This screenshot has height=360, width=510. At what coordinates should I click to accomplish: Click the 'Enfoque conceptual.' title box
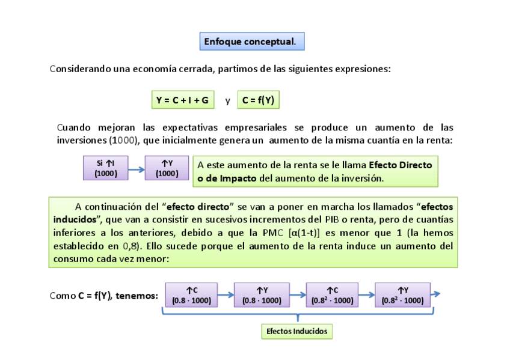[x=251, y=41]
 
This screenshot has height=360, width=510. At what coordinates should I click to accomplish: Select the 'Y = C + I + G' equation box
[x=182, y=100]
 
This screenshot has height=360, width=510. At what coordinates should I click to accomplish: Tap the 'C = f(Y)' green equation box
[x=259, y=100]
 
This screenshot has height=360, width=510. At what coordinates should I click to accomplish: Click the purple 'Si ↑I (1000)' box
[x=106, y=168]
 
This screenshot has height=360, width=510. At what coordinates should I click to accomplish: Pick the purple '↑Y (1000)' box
[x=167, y=168]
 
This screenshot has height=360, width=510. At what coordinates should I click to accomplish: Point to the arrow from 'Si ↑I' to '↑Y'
[x=137, y=169]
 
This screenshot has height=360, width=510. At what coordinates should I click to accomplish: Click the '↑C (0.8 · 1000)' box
[x=191, y=295]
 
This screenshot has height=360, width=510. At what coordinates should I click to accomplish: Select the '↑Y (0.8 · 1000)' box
[x=262, y=295]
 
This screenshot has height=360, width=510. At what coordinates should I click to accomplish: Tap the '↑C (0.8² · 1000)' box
[x=332, y=295]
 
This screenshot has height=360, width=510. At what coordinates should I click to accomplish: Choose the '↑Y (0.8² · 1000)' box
[x=402, y=295]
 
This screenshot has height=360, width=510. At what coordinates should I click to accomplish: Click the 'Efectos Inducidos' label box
[x=297, y=331]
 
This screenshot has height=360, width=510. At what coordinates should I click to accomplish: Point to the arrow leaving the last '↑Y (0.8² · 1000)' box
[x=436, y=294]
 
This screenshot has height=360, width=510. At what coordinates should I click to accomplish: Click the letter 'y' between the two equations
[x=228, y=101]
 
